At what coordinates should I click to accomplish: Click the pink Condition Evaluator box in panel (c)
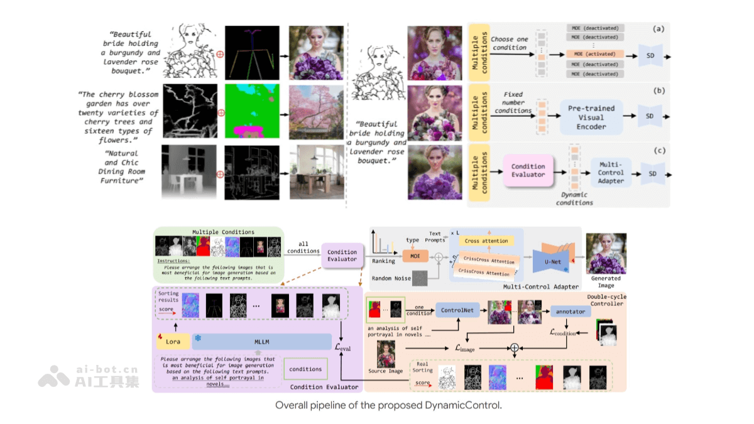coord(528,170)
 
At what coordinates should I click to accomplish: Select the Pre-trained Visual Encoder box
coord(591,117)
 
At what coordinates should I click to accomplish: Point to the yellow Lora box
coord(173,342)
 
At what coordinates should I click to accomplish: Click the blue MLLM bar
coord(262,342)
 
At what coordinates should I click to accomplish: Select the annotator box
coord(571,311)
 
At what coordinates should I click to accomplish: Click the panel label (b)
coord(658,90)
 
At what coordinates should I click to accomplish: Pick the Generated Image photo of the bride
coord(606,253)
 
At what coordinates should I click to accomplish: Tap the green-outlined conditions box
coord(305,369)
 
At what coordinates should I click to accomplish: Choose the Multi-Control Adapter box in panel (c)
coord(611,172)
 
